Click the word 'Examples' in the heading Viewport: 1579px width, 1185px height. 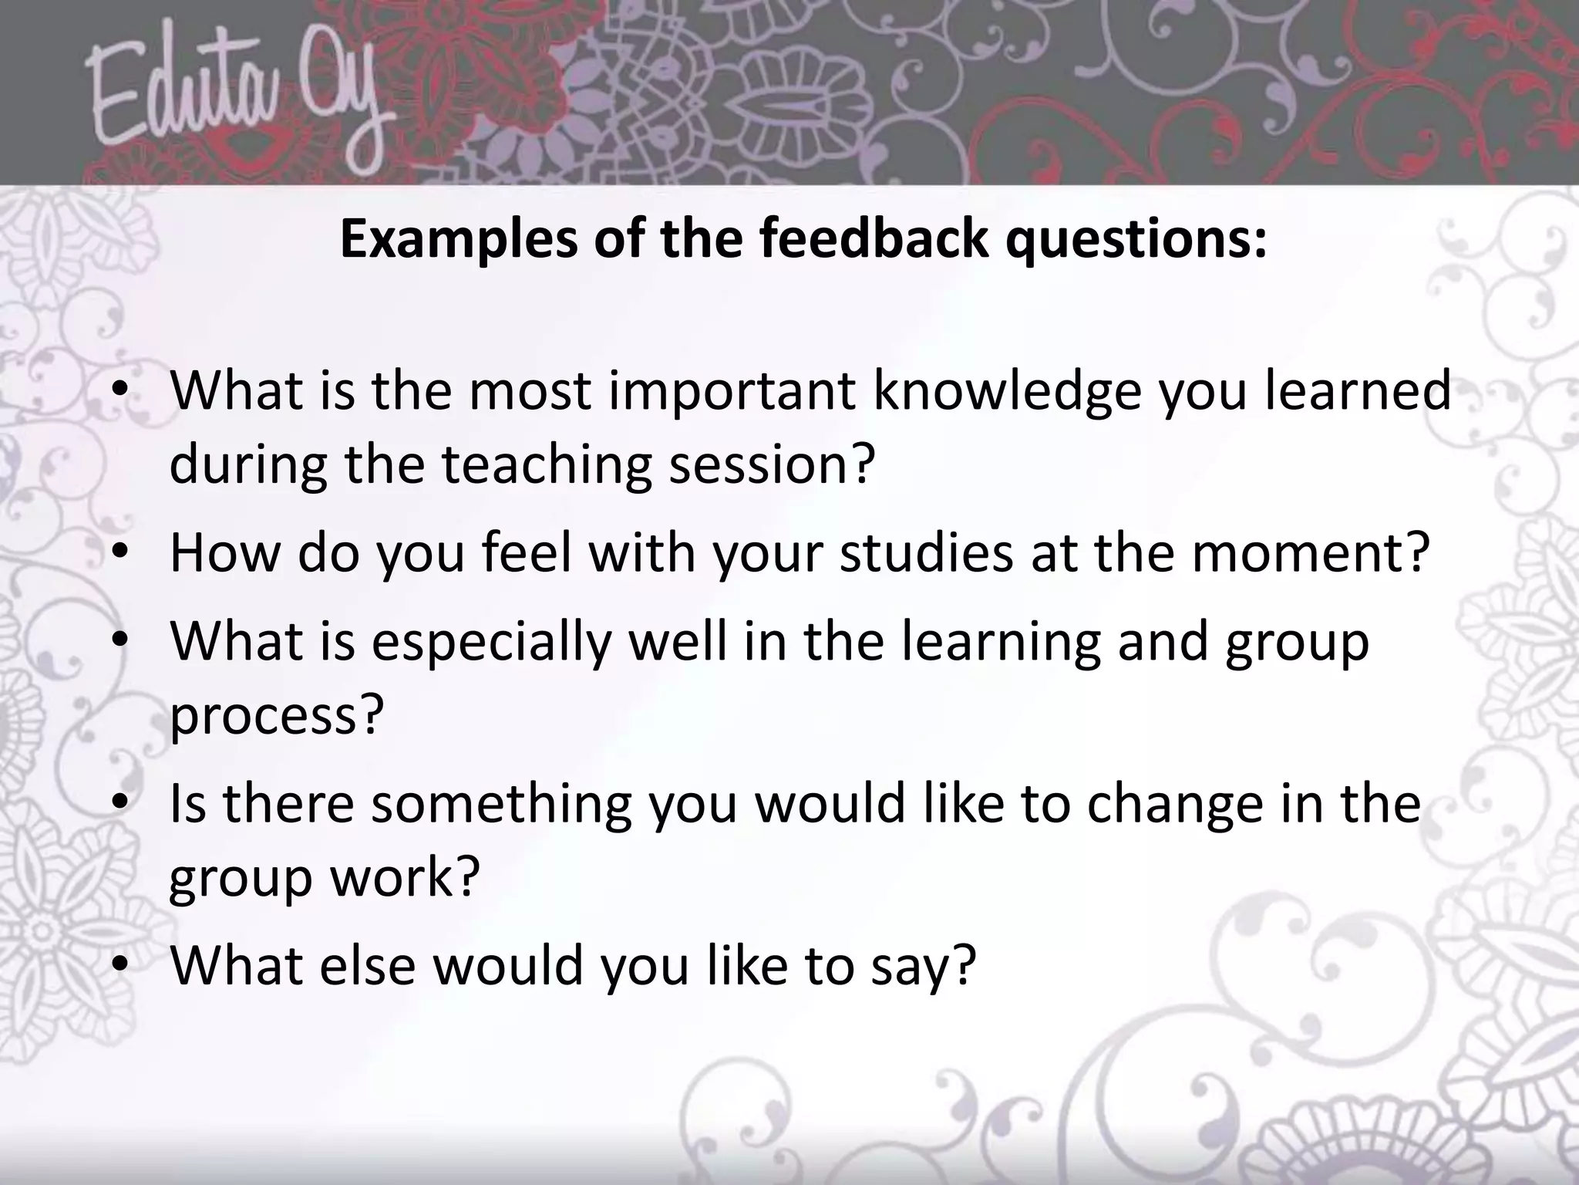(458, 240)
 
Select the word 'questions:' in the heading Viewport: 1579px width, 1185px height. (1136, 240)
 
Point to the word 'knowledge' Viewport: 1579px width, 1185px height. (1006, 391)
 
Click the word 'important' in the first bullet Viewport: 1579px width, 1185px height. (732, 391)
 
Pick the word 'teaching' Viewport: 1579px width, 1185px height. (547, 465)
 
